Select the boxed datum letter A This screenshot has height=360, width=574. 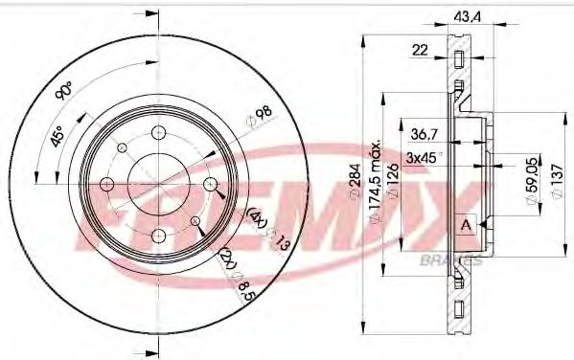pyautogui.click(x=465, y=225)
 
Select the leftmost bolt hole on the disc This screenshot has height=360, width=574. pyautogui.click(x=107, y=183)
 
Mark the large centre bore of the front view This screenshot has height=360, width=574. pyautogui.click(x=156, y=183)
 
